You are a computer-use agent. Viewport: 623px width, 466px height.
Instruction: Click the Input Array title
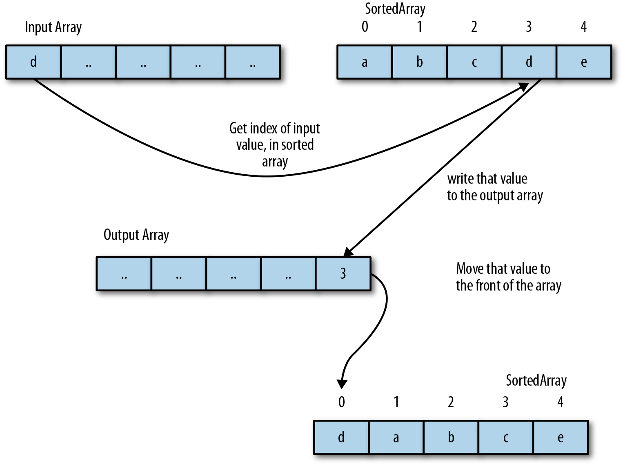pyautogui.click(x=53, y=27)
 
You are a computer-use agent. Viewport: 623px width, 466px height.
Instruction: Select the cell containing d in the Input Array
pyautogui.click(x=33, y=62)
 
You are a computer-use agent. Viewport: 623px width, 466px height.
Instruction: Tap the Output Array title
pyautogui.click(x=136, y=235)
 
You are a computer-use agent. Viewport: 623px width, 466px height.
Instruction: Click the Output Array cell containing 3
pyautogui.click(x=343, y=273)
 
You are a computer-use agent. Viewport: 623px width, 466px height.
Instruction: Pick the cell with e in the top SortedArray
pyautogui.click(x=584, y=62)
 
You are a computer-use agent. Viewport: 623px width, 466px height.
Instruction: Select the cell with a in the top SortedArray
pyautogui.click(x=365, y=62)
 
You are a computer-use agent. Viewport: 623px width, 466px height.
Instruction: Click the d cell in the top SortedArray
pyautogui.click(x=529, y=62)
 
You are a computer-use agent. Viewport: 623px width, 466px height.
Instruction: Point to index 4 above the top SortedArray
pyautogui.click(x=584, y=27)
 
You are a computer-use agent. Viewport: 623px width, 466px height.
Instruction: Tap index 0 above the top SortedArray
pyautogui.click(x=365, y=27)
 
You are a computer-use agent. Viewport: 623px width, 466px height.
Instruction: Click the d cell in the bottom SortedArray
pyautogui.click(x=341, y=437)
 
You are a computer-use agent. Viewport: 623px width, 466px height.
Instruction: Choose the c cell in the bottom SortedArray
pyautogui.click(x=505, y=437)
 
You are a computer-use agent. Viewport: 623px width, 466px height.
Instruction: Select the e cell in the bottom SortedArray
pyautogui.click(x=561, y=437)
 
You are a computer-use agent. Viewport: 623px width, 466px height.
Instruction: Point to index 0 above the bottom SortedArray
pyautogui.click(x=342, y=402)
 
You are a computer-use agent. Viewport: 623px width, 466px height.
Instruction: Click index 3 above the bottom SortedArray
pyautogui.click(x=505, y=402)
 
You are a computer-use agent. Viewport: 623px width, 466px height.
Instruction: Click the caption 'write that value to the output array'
pyautogui.click(x=494, y=187)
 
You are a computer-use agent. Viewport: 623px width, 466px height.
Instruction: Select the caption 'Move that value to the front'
pyautogui.click(x=508, y=277)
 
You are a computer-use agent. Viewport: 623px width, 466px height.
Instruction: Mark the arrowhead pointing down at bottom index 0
pyautogui.click(x=342, y=384)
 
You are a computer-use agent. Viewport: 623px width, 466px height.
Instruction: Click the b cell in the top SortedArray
pyautogui.click(x=419, y=62)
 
